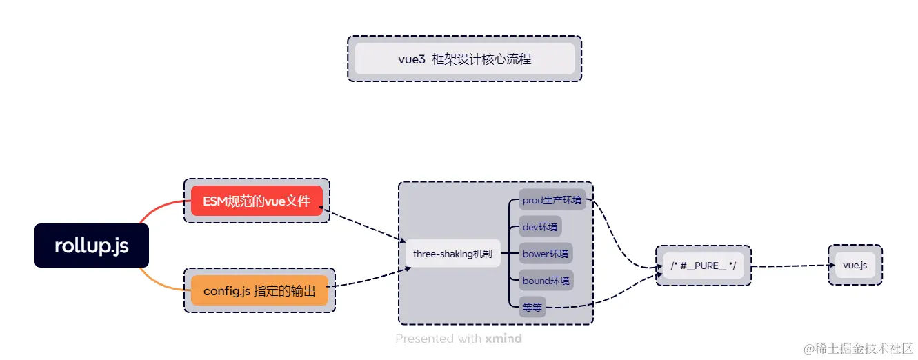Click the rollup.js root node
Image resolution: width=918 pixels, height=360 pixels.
pos(92,246)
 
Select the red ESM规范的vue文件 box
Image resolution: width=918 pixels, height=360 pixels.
pos(257,201)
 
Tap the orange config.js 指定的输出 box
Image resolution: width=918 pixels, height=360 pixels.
pos(259,291)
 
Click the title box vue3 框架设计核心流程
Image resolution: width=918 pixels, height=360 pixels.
pos(464,59)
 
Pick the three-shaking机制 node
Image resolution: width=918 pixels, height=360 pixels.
pos(452,254)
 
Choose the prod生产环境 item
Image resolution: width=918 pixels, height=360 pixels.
pos(552,201)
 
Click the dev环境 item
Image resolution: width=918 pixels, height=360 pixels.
pos(541,227)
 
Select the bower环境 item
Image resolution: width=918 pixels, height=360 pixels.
pos(546,254)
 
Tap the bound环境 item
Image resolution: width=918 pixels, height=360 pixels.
pos(546,281)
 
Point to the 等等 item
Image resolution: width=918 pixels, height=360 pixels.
pos(532,307)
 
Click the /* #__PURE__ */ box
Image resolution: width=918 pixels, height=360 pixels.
pos(703,266)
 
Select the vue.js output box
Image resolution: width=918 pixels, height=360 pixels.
pos(855,265)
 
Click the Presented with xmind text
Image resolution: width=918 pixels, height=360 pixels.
pos(459,339)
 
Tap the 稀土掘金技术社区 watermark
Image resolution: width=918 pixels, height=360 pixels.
pos(858,348)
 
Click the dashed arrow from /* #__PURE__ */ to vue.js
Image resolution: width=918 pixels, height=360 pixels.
pos(790,266)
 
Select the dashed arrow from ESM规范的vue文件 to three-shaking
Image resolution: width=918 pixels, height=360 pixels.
pos(366,226)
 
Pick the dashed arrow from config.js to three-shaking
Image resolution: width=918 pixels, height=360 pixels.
pos(369,279)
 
